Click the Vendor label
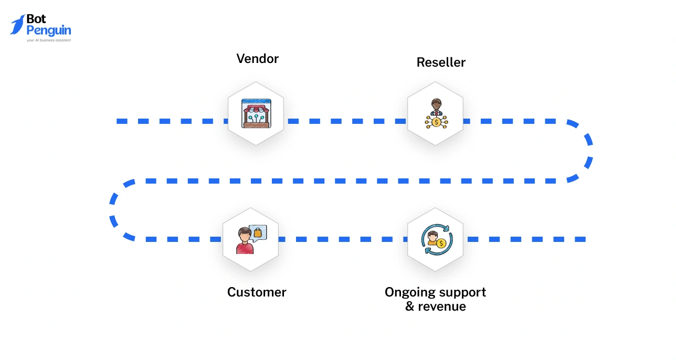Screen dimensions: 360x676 pyautogui.click(x=257, y=58)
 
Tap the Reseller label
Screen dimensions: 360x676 pyautogui.click(x=441, y=62)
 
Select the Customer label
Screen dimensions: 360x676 pyautogui.click(x=257, y=292)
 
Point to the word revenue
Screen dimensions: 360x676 pyautogui.click(x=442, y=306)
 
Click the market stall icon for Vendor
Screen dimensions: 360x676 pyautogui.click(x=256, y=113)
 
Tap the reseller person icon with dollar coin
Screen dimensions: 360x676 pyautogui.click(x=436, y=114)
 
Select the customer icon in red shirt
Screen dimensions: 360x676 pyautogui.click(x=244, y=241)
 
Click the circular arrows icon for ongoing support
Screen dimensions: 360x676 pyautogui.click(x=436, y=239)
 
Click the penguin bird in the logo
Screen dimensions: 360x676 pyautogui.click(x=17, y=25)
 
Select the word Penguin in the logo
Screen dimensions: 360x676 pyautogui.click(x=48, y=30)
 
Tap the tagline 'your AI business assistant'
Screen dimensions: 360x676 pyautogui.click(x=48, y=40)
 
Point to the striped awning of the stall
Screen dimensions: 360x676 pyautogui.click(x=256, y=107)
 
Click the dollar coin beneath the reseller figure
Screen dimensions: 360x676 pyautogui.click(x=436, y=122)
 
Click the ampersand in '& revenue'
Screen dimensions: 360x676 pyautogui.click(x=410, y=306)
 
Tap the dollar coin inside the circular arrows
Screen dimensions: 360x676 pyautogui.click(x=441, y=243)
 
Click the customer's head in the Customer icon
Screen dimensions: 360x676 pyautogui.click(x=243, y=234)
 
